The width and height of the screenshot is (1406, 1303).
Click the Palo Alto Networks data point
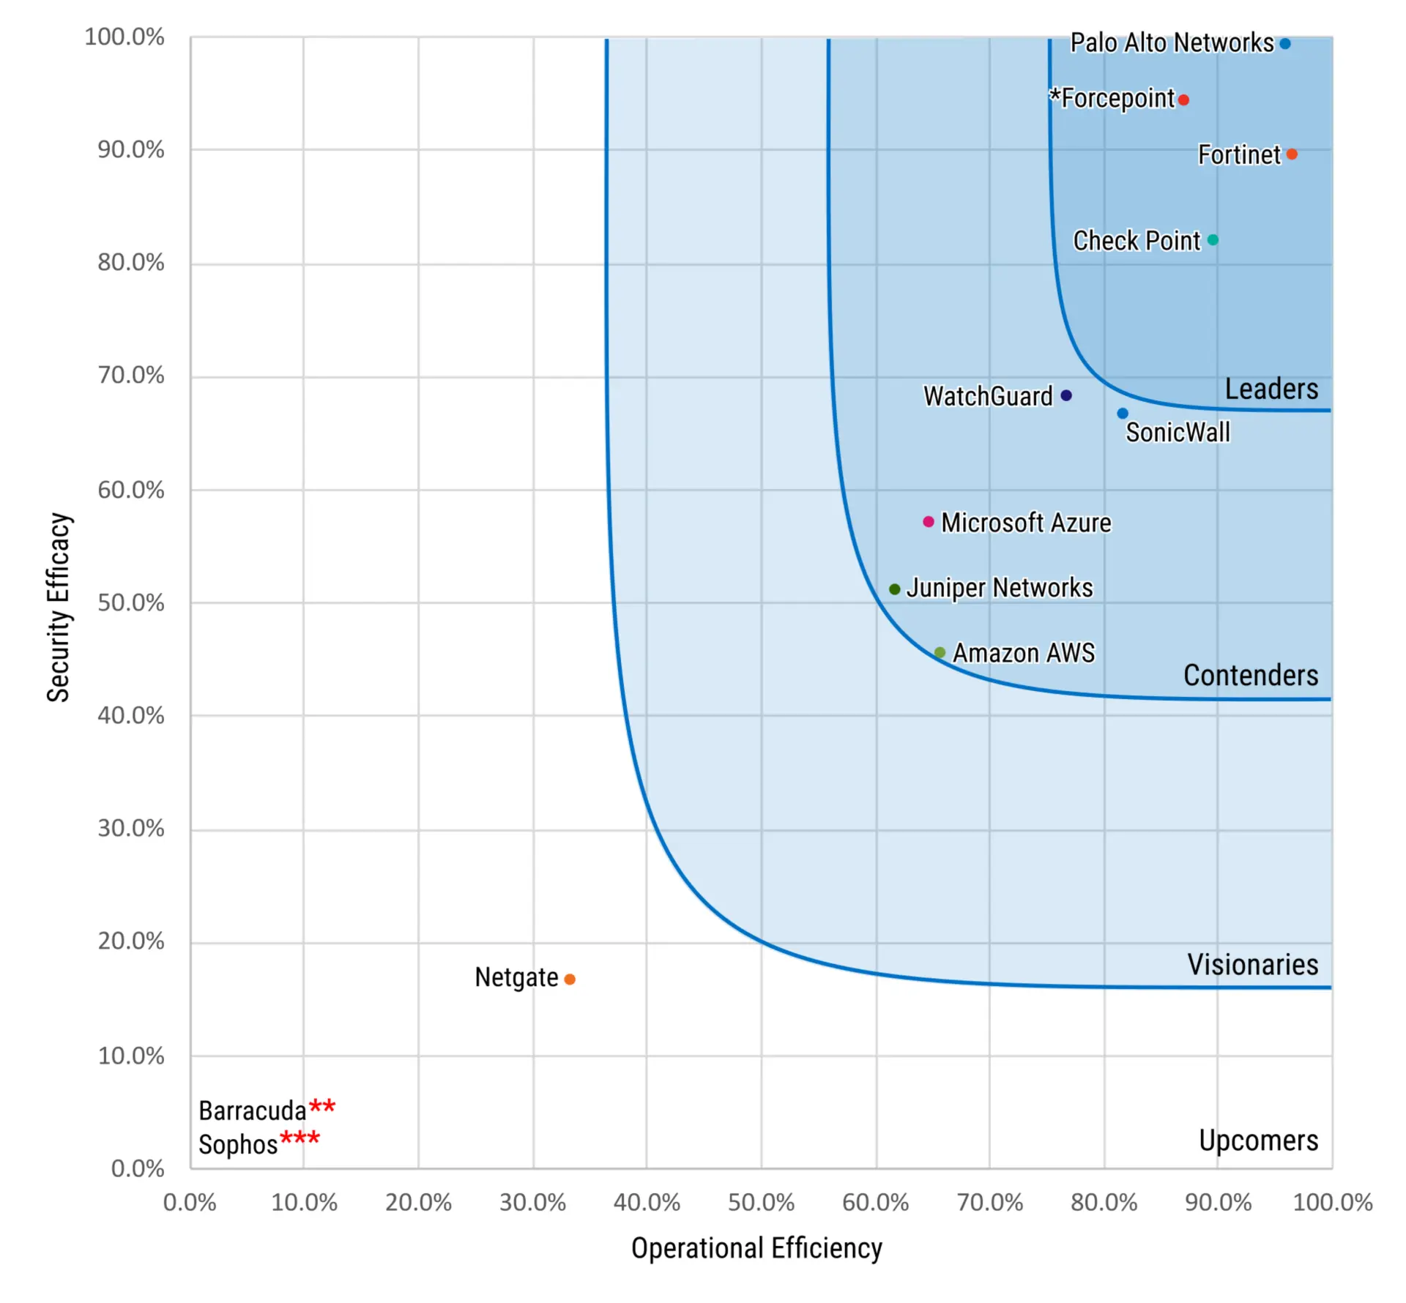(1284, 44)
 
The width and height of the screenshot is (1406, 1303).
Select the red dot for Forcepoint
(1183, 100)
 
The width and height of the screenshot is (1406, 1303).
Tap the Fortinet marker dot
(1292, 154)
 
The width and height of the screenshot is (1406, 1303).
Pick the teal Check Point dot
(1213, 240)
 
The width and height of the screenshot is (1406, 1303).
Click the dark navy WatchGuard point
(1066, 395)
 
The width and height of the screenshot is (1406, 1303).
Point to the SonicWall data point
(1123, 414)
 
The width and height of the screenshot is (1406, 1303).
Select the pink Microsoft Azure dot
(929, 522)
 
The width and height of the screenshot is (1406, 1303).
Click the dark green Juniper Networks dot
(894, 589)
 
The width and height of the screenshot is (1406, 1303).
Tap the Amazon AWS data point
(940, 652)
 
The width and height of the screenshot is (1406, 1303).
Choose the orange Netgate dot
(570, 979)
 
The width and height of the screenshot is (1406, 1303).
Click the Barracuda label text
(252, 1110)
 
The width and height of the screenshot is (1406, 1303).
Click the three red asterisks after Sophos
(300, 1138)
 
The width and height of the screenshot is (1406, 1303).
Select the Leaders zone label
(1271, 389)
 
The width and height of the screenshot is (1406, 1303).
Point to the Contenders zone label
(1251, 676)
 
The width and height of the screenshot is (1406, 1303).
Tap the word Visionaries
(1252, 965)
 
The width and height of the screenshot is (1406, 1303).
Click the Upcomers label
(1258, 1140)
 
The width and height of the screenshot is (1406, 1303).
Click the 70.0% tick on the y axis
(131, 376)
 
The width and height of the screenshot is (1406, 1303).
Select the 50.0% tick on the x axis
(761, 1203)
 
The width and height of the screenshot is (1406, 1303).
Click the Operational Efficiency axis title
(756, 1248)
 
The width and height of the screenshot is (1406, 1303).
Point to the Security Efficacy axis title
(59, 607)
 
